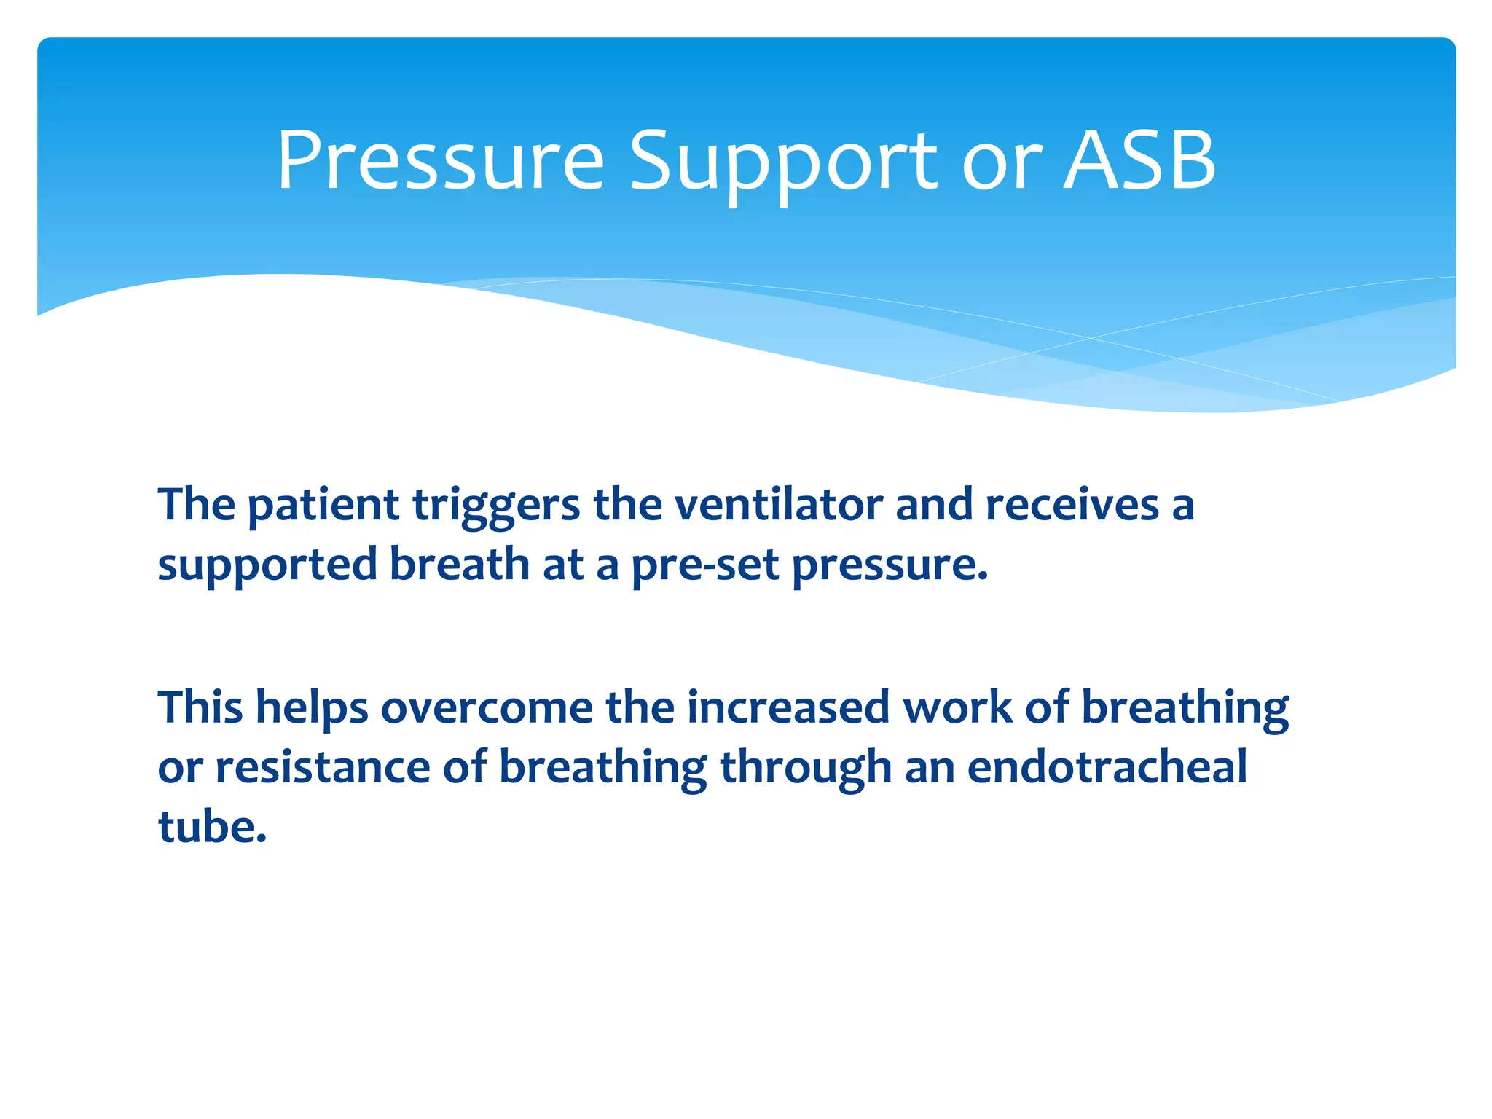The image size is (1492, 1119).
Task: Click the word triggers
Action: coord(496,505)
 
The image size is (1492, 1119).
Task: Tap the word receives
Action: coord(1072,505)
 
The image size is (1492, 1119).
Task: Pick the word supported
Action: coord(267,565)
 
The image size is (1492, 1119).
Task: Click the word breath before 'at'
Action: coord(459,564)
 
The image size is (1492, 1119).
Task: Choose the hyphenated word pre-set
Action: coord(705,565)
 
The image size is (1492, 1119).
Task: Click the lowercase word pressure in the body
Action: coord(890,565)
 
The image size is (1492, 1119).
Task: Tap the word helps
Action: coord(312,708)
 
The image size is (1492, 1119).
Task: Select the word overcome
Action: coord(487,708)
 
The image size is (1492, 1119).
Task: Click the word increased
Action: coord(788,708)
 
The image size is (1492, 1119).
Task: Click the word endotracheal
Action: coord(1107,767)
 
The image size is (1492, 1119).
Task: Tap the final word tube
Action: coord(211,828)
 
